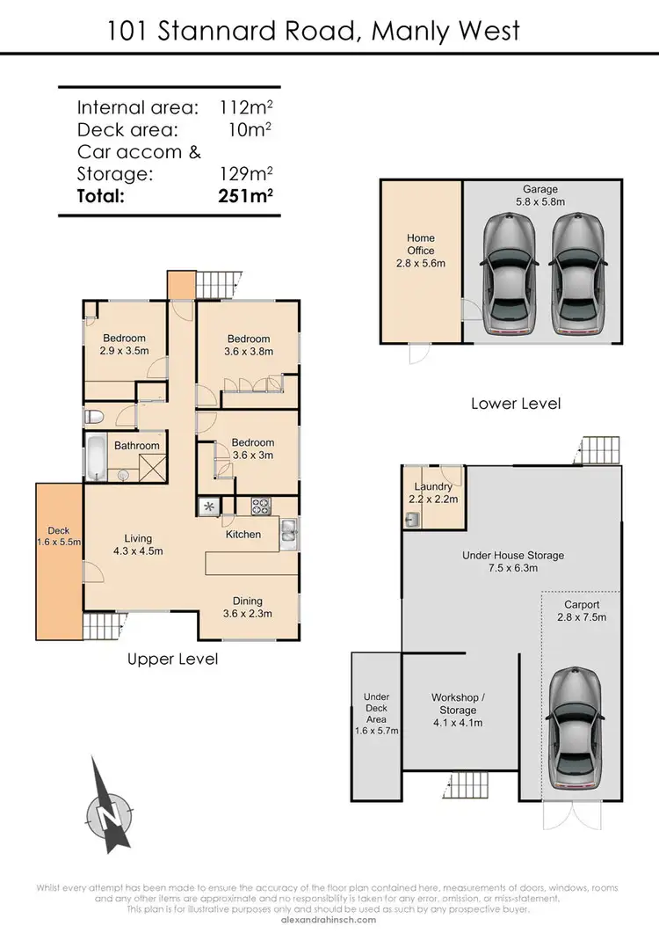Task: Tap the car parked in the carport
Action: pos(576,722)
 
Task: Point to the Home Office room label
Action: pos(421,251)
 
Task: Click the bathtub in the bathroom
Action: pos(97,457)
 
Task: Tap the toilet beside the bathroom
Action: pos(94,416)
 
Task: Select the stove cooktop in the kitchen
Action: pos(262,506)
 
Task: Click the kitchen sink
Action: pos(288,530)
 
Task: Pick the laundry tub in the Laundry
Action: pos(412,520)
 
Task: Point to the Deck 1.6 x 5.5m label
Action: pos(59,536)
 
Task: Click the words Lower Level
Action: pos(516,404)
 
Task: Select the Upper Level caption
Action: pos(172,659)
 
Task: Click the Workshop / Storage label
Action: pos(458,710)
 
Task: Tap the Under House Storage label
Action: pos(513,561)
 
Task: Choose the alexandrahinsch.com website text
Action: pos(329,919)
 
